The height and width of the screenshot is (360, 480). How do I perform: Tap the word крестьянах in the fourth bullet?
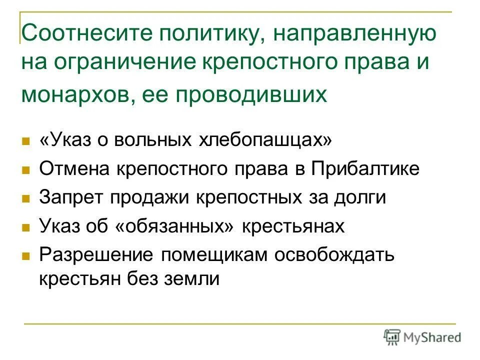[294, 226]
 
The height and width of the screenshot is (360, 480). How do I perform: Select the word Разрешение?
[96, 254]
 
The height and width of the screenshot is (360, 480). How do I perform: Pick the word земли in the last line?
[192, 278]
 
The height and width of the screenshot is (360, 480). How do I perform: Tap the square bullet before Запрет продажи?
[26, 198]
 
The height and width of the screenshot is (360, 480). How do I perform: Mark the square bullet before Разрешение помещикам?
[26, 255]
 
